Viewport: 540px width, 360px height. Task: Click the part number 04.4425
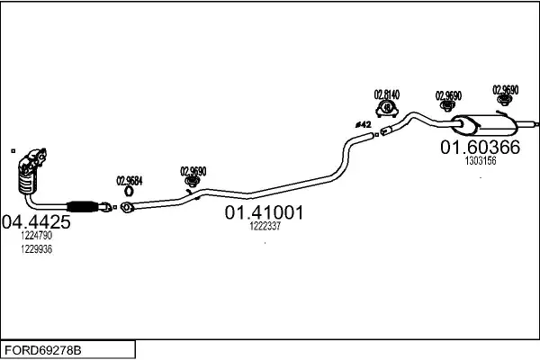click(36, 222)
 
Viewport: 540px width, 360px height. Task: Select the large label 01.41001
click(264, 212)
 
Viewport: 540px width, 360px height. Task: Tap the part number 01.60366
click(480, 148)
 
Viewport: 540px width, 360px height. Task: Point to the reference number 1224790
click(37, 236)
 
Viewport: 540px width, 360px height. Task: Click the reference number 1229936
click(37, 249)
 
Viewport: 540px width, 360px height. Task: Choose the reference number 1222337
click(265, 226)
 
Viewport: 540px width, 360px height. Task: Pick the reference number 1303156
click(481, 160)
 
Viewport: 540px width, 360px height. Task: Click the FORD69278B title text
click(42, 351)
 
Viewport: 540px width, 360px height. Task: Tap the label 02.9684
click(130, 181)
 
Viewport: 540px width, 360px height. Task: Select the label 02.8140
click(387, 94)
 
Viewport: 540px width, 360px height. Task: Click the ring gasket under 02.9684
click(129, 191)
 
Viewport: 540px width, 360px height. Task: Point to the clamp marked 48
click(387, 109)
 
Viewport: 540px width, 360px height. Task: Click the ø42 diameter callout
click(364, 124)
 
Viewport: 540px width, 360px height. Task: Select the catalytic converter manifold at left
click(31, 171)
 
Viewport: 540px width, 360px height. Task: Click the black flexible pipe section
click(82, 206)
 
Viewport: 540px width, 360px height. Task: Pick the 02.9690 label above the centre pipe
click(193, 171)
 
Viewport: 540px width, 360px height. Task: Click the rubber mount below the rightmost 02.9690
click(505, 100)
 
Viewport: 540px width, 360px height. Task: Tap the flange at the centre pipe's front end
click(127, 207)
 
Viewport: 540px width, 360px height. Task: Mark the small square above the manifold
click(13, 151)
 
